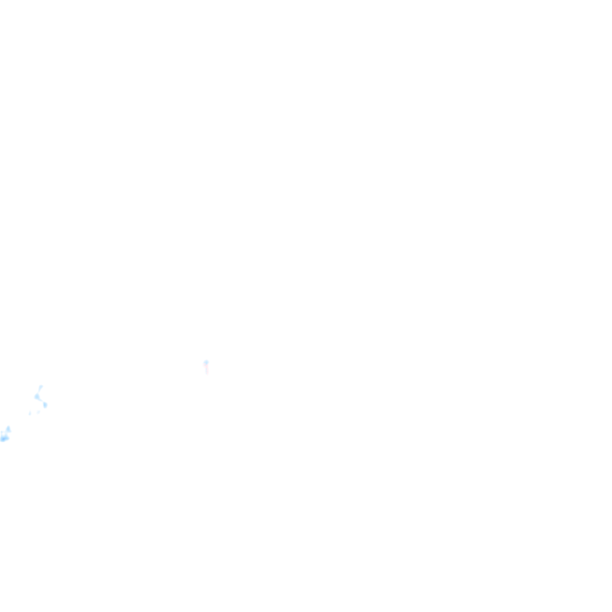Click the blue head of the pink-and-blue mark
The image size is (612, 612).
click(206, 362)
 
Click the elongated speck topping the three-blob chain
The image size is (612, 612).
click(41, 387)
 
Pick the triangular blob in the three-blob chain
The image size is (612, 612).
click(37, 396)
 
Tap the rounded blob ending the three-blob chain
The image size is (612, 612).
click(45, 405)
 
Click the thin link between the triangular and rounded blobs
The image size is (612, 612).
click(41, 401)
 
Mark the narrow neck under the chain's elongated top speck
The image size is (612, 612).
click(39, 391)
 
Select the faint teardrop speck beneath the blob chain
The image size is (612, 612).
click(29, 413)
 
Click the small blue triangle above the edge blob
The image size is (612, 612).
click(8, 429)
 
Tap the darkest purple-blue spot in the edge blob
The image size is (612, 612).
click(4, 439)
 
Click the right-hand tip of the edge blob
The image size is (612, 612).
click(9, 438)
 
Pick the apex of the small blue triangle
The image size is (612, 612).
click(8, 426)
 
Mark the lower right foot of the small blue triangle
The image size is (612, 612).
click(10, 432)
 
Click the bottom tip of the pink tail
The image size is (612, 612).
click(207, 375)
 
